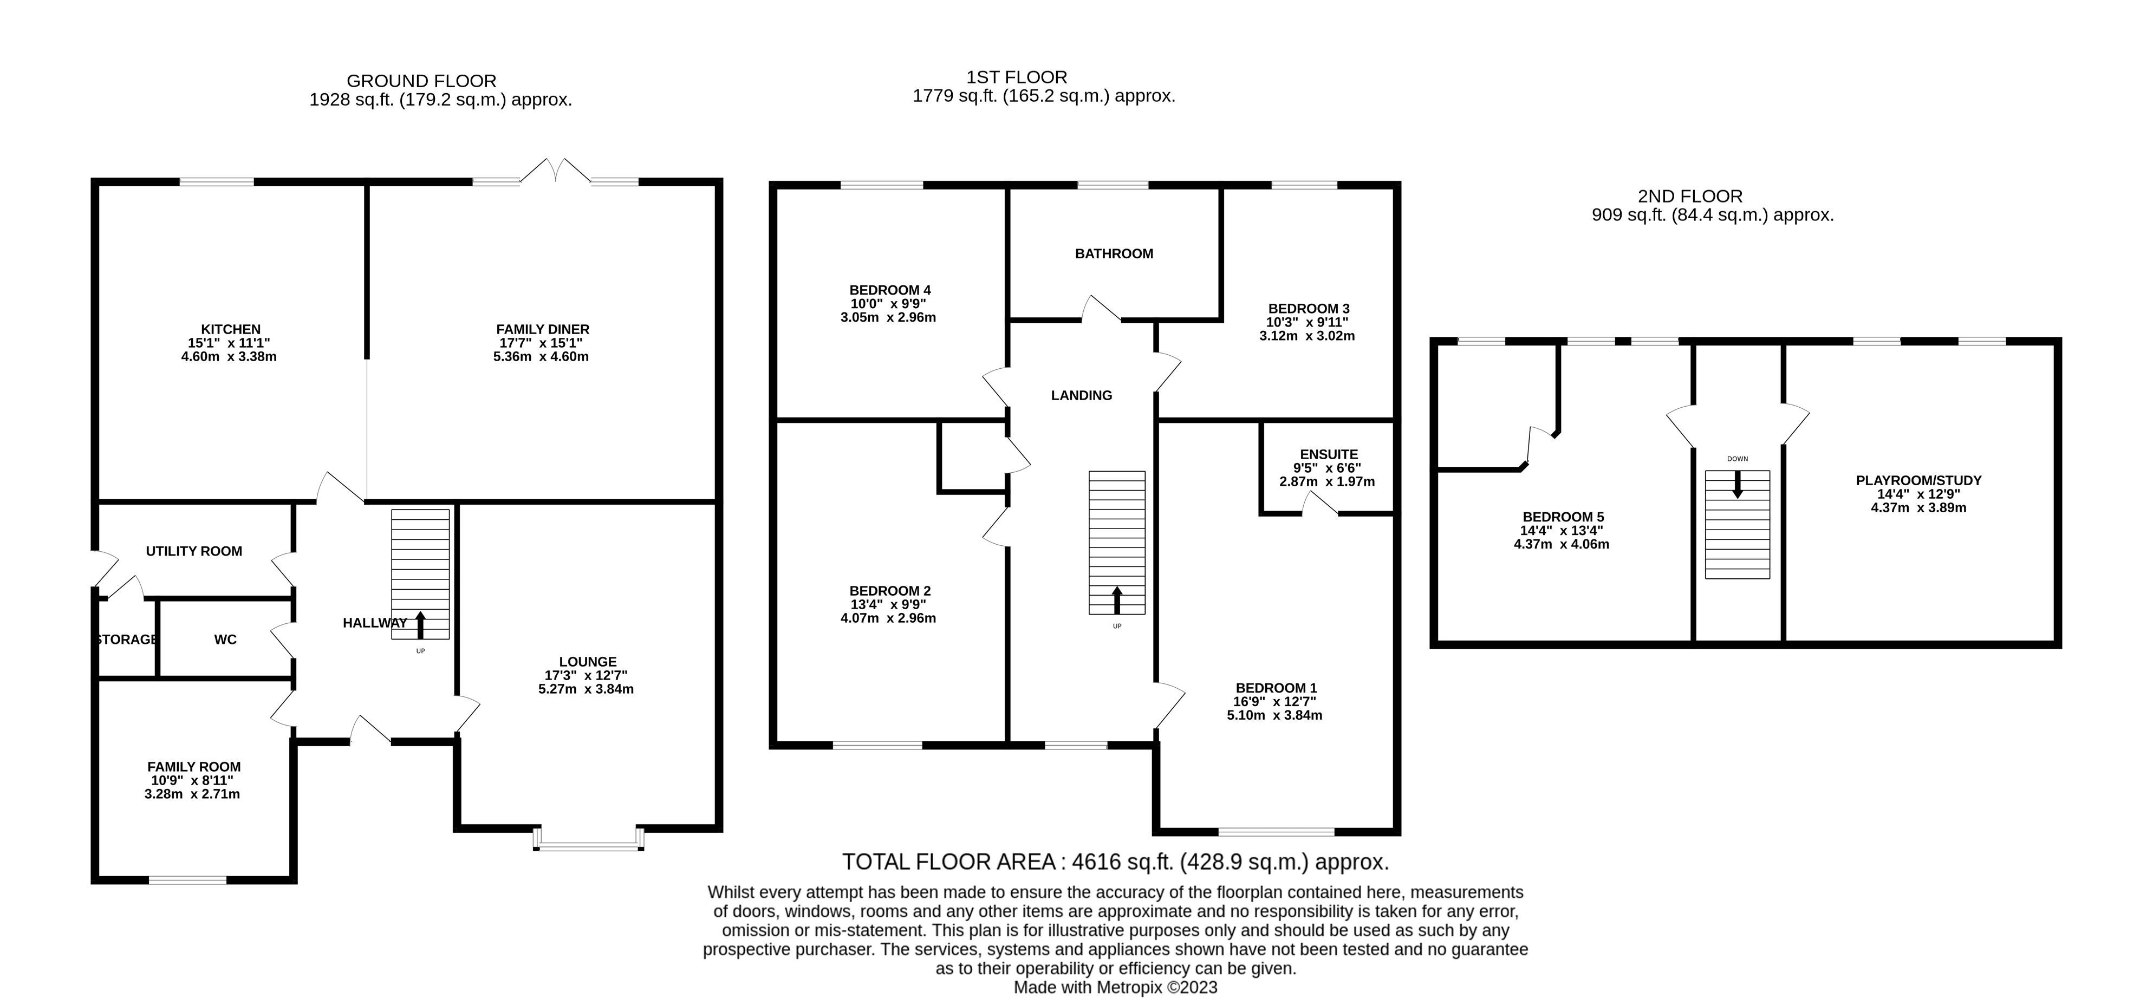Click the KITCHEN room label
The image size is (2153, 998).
[231, 329]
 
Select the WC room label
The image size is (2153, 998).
[225, 640]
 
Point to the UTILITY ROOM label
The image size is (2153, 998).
[194, 551]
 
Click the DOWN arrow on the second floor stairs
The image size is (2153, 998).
[1737, 484]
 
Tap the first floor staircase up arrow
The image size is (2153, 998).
[1117, 599]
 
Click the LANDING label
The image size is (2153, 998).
[1082, 395]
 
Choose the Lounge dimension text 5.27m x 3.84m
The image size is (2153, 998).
[586, 689]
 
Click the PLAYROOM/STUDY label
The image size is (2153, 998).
[1918, 481]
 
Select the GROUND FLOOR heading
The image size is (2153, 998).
[421, 81]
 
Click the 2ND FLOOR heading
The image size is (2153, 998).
[1690, 197]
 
